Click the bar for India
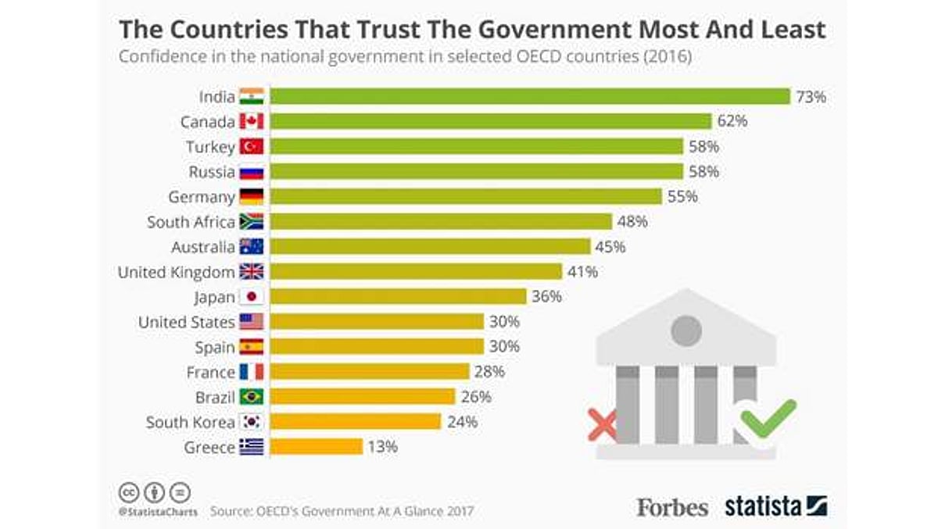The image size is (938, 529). tap(530, 96)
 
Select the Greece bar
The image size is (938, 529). tap(317, 447)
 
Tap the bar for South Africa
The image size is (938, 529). tap(441, 221)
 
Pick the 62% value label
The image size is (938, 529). tap(733, 121)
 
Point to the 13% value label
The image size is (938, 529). tap(384, 447)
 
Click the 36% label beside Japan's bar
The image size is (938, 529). tap(547, 297)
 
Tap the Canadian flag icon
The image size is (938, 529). tap(252, 122)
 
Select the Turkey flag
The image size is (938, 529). tap(252, 147)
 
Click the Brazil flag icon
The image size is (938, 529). tap(252, 397)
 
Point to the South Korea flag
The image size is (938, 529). tap(252, 422)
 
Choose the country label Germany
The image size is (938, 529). tap(202, 197)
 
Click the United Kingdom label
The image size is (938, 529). tap(176, 272)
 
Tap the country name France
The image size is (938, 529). tap(210, 372)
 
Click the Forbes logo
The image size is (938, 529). tap(672, 506)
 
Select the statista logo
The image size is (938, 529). tap(775, 506)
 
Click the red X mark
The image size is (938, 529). tap(602, 425)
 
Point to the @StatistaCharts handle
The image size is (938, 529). tap(158, 512)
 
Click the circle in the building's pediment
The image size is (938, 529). tap(686, 330)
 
